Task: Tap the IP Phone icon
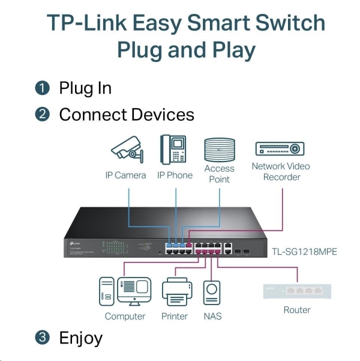click(174, 150)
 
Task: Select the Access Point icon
click(219, 150)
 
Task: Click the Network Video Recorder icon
click(280, 149)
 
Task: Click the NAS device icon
click(212, 293)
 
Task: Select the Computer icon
click(125, 291)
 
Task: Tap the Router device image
click(297, 291)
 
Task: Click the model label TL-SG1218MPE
click(305, 251)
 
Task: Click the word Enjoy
click(80, 338)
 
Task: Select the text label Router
click(297, 310)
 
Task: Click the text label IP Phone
click(175, 175)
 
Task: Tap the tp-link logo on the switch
click(71, 244)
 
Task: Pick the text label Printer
click(175, 316)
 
